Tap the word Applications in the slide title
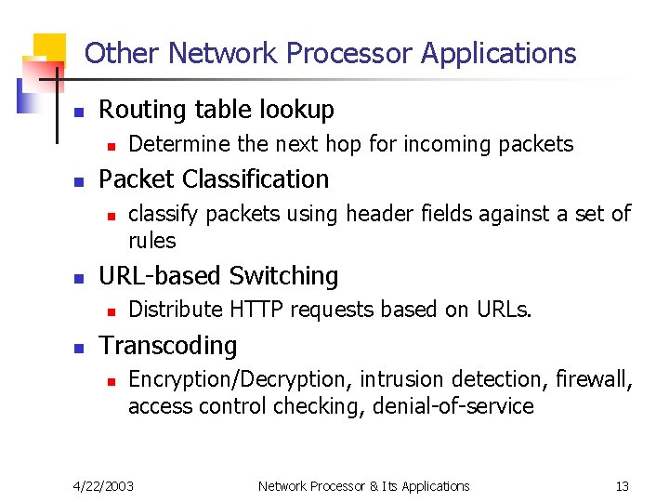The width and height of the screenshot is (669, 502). point(498,54)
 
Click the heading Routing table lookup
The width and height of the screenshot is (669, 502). point(216,110)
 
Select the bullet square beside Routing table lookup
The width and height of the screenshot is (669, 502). point(80,112)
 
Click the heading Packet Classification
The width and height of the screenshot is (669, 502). point(214,178)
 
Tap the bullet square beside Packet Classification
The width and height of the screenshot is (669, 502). point(80,180)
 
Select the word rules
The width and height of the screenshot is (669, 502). point(151,241)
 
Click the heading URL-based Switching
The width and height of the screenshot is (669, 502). point(218,276)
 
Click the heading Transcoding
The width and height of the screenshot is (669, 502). point(168,346)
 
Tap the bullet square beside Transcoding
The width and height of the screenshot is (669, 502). point(80,348)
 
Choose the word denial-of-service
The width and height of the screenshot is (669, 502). point(453,406)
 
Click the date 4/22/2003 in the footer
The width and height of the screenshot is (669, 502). point(103,486)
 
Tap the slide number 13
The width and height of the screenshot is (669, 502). point(622,486)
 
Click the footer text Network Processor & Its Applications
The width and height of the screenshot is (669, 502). point(363,486)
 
